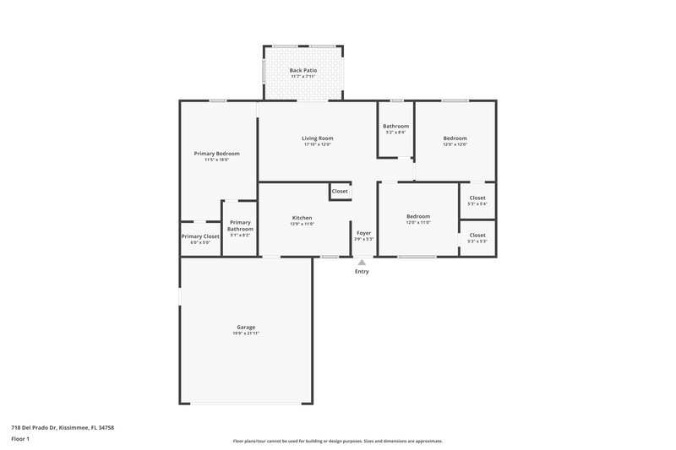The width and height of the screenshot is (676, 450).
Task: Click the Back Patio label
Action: click(x=302, y=70)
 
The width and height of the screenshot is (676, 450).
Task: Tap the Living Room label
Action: click(x=318, y=138)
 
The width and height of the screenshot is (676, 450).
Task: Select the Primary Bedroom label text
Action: click(x=216, y=153)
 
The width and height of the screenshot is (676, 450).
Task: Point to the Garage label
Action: click(x=246, y=327)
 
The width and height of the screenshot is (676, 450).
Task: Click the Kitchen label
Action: click(x=303, y=217)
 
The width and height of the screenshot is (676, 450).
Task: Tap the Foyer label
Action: click(x=363, y=232)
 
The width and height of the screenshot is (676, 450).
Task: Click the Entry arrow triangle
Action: click(x=362, y=263)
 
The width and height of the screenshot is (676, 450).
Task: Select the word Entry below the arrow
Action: click(x=362, y=272)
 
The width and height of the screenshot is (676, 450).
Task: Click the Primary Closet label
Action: click(x=200, y=236)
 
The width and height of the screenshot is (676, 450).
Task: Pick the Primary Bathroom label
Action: click(x=240, y=225)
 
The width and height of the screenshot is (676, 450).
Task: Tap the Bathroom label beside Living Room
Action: click(x=395, y=126)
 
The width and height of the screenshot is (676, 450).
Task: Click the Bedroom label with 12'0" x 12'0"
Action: click(x=455, y=138)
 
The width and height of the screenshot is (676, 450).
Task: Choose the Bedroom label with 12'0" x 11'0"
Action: click(x=418, y=215)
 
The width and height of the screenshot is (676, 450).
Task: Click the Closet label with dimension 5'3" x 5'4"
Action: click(x=477, y=198)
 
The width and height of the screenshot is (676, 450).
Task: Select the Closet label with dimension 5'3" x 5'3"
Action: click(x=477, y=235)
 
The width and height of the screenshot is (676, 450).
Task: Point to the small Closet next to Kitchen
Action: click(x=340, y=192)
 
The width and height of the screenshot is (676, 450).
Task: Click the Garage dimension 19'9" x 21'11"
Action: click(x=246, y=333)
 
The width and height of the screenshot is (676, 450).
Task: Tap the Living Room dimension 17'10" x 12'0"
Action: click(x=318, y=144)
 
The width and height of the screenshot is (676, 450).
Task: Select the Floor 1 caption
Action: click(x=20, y=440)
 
